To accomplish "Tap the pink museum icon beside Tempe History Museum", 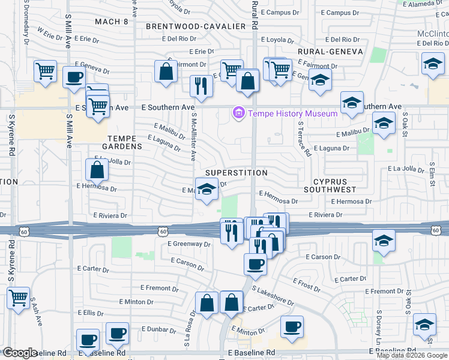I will (239, 113).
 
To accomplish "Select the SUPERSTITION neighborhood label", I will (236, 173).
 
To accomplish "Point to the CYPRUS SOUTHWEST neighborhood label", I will (334, 185).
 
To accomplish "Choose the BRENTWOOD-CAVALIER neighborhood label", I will (196, 26).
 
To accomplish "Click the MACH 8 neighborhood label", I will (112, 22).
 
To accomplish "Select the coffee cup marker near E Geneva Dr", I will (74, 77).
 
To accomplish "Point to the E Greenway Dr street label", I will (189, 244).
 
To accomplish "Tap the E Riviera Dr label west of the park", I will (110, 215).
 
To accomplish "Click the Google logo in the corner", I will (19, 353).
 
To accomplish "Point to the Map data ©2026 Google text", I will (412, 355).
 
